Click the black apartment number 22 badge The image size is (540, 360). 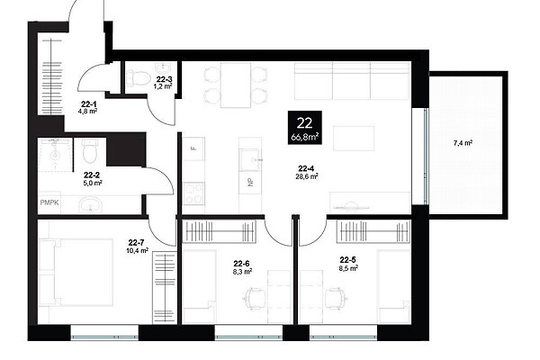(x=305, y=127)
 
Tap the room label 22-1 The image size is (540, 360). (x=89, y=103)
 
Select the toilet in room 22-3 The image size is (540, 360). (x=139, y=78)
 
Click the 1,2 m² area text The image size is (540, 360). (x=163, y=86)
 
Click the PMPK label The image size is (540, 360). (x=49, y=202)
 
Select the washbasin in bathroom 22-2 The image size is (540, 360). (x=91, y=205)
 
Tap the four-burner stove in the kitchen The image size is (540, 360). (x=193, y=193)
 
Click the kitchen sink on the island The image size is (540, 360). (x=249, y=160)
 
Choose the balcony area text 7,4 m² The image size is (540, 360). (x=463, y=143)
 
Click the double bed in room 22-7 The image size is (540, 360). (x=76, y=273)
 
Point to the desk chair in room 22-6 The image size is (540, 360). (x=255, y=298)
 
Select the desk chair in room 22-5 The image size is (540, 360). (x=335, y=298)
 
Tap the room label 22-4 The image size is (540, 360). (x=306, y=168)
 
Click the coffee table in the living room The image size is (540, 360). (x=354, y=138)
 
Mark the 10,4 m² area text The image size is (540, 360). (x=138, y=250)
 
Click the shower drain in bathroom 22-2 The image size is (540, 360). (x=55, y=156)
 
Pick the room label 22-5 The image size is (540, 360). (x=347, y=260)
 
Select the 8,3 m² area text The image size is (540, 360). (x=242, y=272)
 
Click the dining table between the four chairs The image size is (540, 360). (x=236, y=85)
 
